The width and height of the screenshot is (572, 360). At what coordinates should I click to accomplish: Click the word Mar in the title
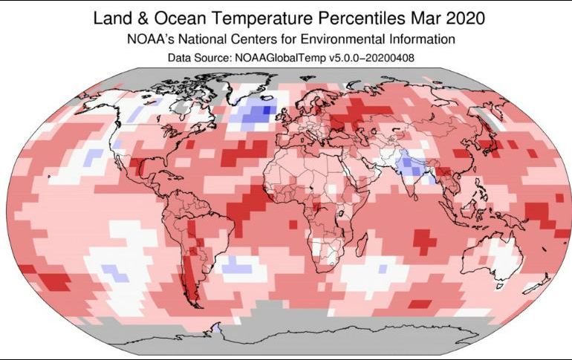click(420, 17)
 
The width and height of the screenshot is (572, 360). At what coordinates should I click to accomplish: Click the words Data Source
click(203, 56)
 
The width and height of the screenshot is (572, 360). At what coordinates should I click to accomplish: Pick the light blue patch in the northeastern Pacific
click(93, 157)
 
